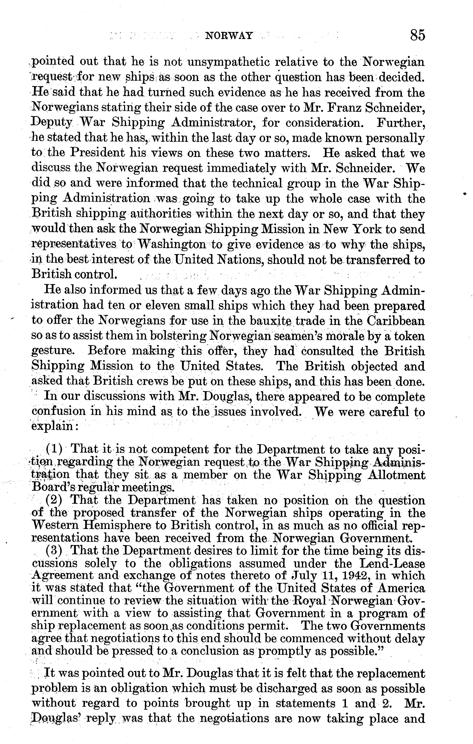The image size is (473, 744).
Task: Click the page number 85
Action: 417,35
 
